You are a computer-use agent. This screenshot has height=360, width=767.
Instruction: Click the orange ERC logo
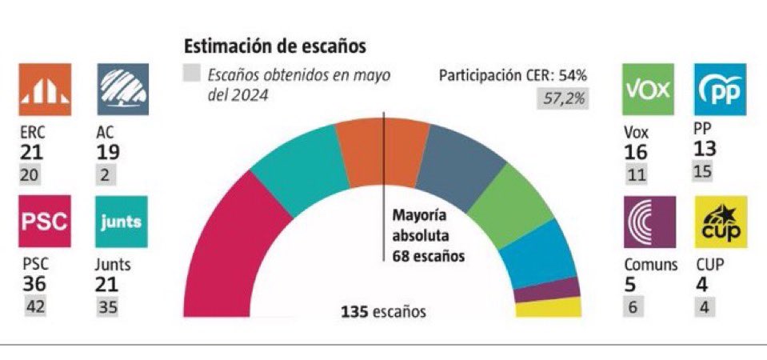(x=42, y=90)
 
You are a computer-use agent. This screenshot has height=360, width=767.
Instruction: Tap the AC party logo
(x=121, y=90)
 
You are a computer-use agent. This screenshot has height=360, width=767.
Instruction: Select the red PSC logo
(x=42, y=222)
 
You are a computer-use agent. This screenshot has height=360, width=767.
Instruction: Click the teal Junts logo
(x=121, y=222)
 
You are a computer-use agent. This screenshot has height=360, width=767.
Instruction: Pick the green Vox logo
(x=648, y=90)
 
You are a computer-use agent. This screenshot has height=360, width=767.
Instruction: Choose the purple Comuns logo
(x=649, y=222)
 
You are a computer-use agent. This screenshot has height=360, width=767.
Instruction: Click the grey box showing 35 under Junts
(x=106, y=306)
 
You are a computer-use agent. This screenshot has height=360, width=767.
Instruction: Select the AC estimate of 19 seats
(x=106, y=152)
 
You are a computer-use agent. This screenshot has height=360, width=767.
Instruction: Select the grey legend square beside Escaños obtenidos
(x=192, y=76)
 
